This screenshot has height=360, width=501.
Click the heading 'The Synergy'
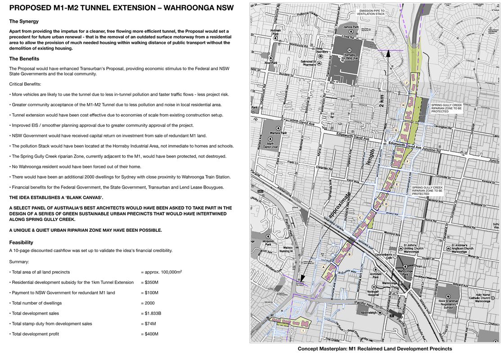click(x=24, y=21)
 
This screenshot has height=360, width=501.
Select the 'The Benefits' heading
click(x=24, y=59)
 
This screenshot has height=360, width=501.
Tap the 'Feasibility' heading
click(x=21, y=242)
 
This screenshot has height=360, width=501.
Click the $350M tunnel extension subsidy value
click(x=149, y=283)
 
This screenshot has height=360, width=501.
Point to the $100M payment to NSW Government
click(x=149, y=293)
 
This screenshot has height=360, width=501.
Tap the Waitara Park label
click(x=274, y=133)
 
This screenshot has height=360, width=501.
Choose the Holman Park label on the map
click(x=275, y=32)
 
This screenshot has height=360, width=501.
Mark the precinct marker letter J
click(x=406, y=83)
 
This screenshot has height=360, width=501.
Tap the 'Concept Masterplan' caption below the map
click(x=375, y=349)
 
